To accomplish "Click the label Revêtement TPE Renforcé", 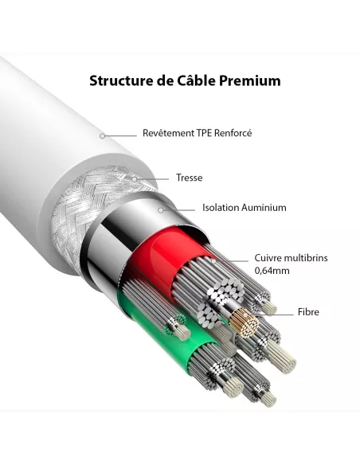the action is coord(197,133).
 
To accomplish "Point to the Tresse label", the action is coord(190,178).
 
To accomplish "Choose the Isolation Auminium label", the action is coord(244,207).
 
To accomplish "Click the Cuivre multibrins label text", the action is coord(291,257).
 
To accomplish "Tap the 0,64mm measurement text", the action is coord(272,271).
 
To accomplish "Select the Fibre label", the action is coord(308,312).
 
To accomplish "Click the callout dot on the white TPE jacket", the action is coord(102,136).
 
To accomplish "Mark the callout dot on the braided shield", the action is coord(135,179).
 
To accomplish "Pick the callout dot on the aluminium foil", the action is coord(161,210).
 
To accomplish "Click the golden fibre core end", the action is coord(244,323).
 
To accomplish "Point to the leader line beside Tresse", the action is coord(153,179).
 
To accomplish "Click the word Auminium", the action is coord(264,207).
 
